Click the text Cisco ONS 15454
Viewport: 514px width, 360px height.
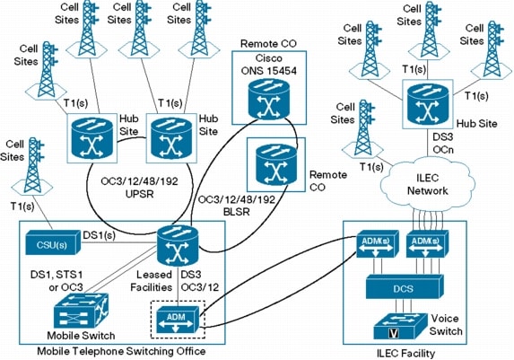point(262,55)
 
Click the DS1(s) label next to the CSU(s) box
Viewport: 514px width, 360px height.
point(100,234)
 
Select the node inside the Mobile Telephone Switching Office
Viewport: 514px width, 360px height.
point(177,243)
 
